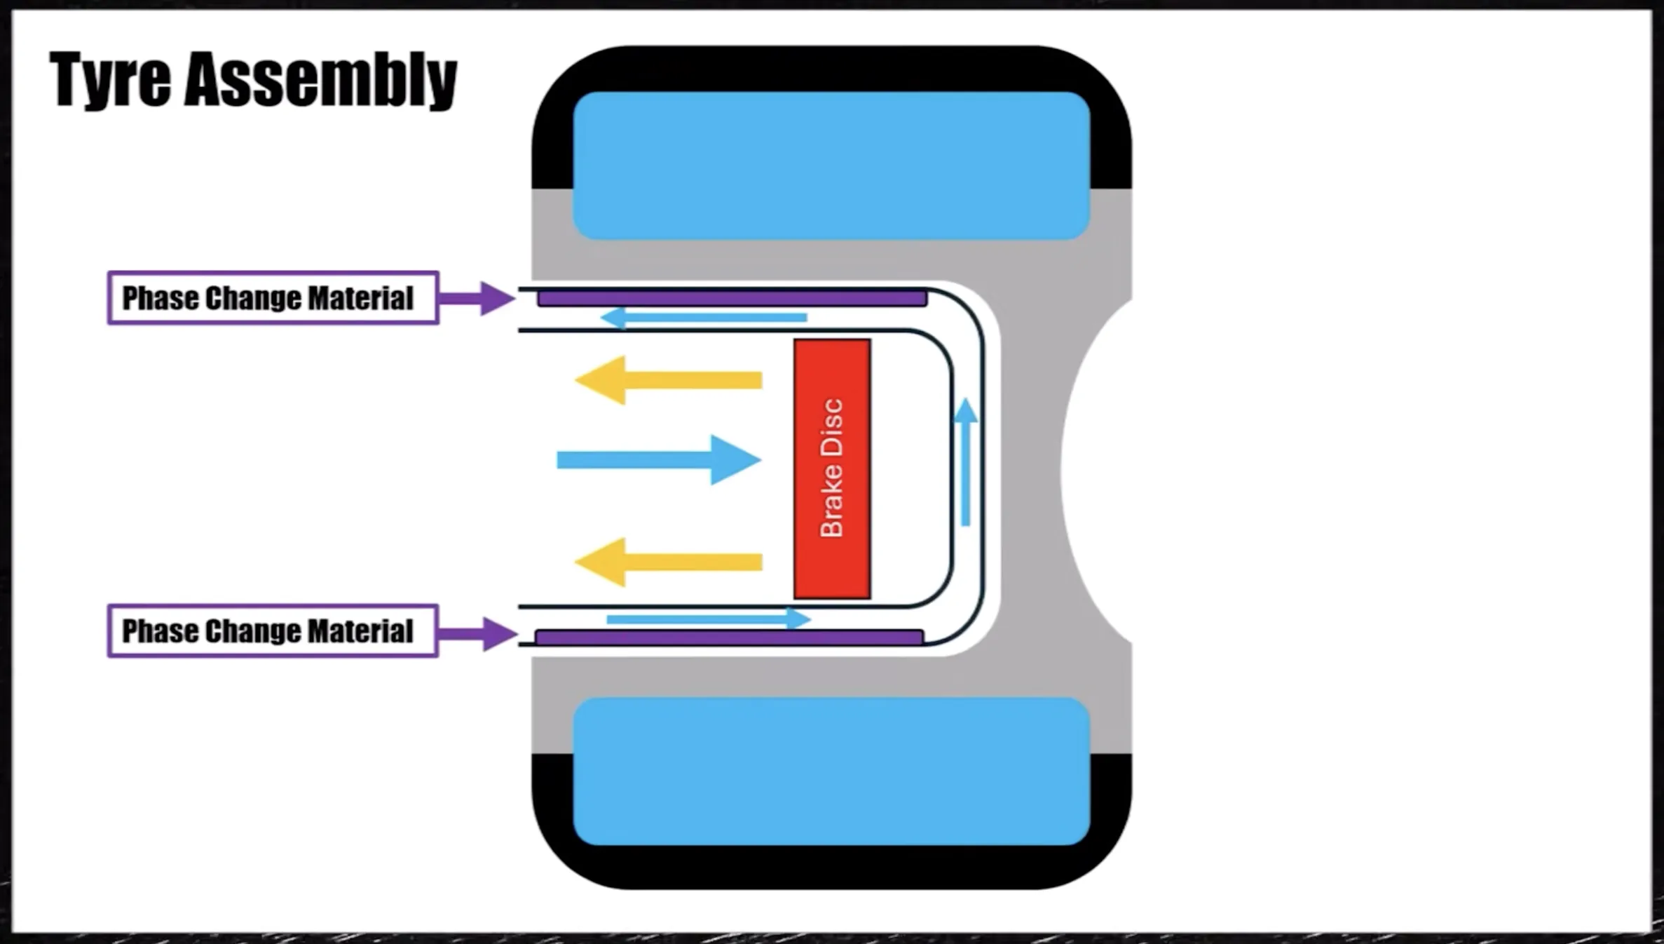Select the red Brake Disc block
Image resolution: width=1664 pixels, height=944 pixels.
832,468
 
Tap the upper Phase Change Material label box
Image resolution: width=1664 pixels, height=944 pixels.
273,298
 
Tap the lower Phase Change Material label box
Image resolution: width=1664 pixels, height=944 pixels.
273,631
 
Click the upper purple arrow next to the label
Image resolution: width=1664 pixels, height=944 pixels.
479,299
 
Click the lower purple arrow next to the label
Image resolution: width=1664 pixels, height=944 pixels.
481,634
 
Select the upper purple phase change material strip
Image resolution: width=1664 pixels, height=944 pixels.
732,299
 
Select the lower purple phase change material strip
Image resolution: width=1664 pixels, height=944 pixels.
729,637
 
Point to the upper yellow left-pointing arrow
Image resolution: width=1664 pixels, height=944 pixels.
669,380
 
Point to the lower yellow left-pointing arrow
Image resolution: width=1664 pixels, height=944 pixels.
669,562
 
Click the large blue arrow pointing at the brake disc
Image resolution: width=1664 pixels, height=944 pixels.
659,460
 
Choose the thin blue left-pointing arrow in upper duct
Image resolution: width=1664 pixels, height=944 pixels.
704,318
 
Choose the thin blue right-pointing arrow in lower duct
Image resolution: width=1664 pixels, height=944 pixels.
708,619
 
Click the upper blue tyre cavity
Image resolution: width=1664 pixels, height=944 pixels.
831,166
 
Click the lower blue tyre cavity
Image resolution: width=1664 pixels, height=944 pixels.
831,771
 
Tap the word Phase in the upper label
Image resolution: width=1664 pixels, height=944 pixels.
161,298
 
